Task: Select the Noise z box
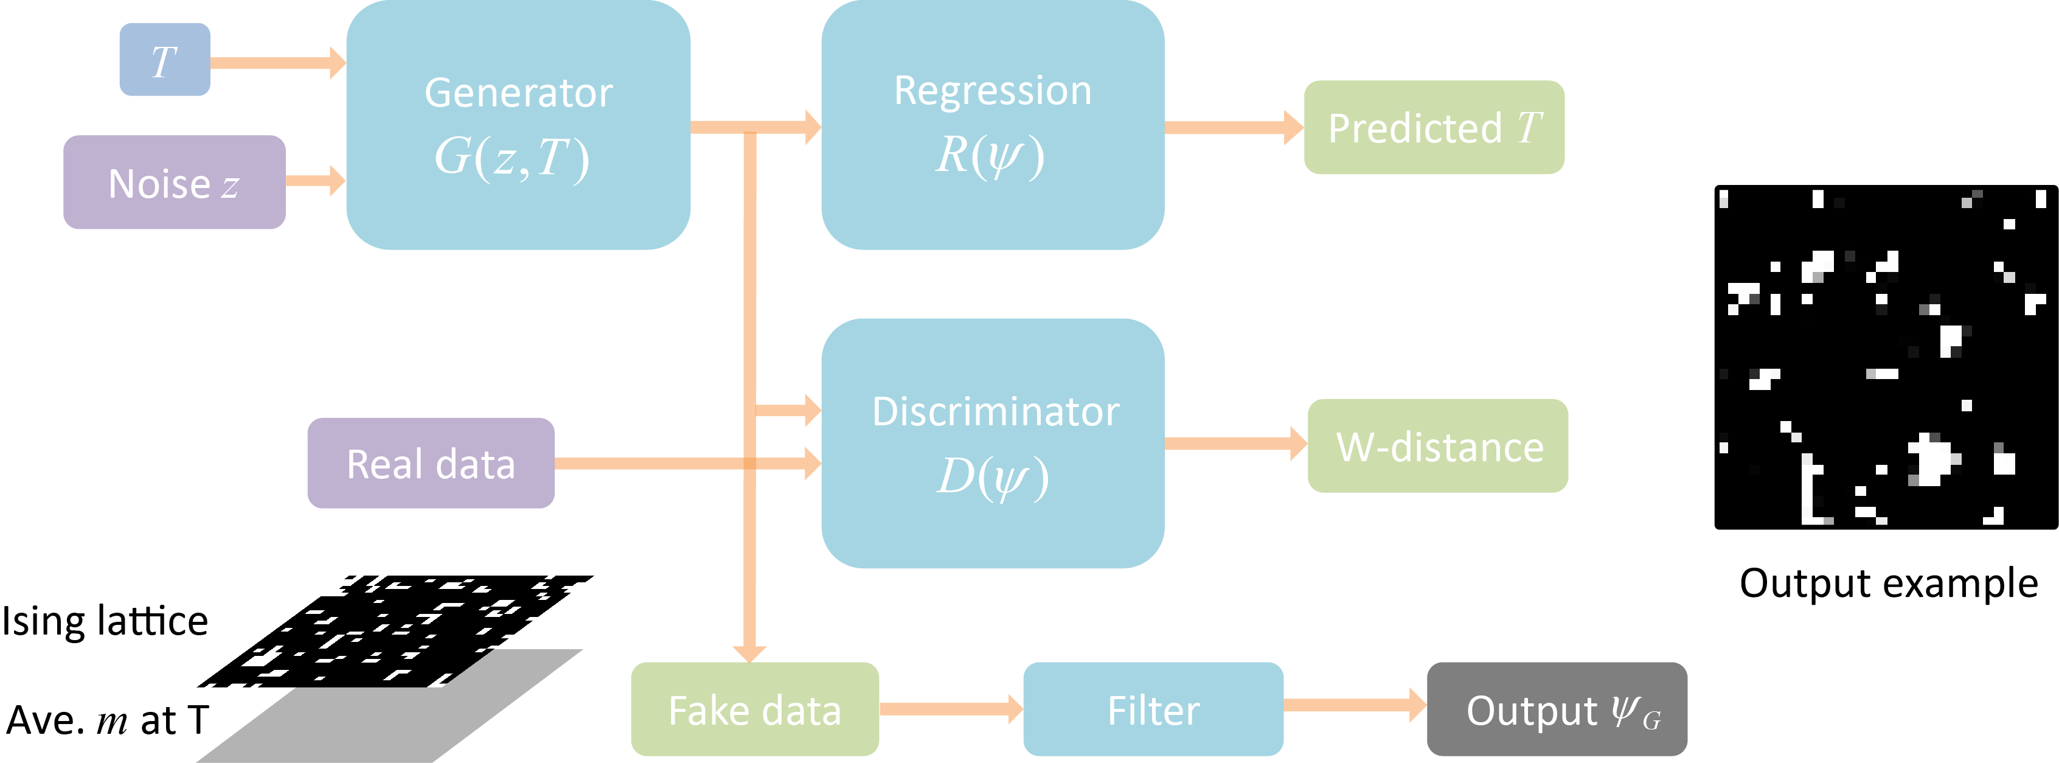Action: point(174,183)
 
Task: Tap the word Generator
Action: point(519,92)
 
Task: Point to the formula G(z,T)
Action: point(512,157)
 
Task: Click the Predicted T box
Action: point(1434,127)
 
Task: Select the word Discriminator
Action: point(995,412)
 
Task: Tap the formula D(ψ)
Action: point(993,478)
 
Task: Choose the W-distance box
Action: point(1437,445)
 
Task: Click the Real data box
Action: point(431,463)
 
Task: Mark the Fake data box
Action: point(754,709)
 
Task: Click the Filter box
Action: point(1153,709)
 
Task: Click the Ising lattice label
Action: point(105,621)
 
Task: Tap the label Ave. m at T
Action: point(107,720)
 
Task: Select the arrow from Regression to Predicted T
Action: point(1234,127)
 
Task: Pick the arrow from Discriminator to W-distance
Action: point(1236,443)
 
